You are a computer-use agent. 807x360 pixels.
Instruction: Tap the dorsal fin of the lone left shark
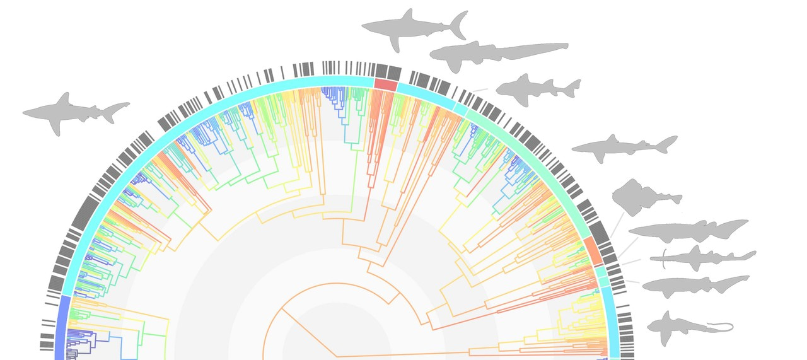(63, 98)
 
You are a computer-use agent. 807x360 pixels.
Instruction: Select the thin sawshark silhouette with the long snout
(700, 257)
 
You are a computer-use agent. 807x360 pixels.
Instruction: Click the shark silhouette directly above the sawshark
(687, 231)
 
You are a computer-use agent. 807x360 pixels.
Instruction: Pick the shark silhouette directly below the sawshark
(694, 286)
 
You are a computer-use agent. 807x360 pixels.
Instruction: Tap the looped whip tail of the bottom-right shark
(722, 327)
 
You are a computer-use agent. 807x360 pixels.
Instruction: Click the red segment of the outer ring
(385, 84)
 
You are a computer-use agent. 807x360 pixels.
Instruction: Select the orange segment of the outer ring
(592, 250)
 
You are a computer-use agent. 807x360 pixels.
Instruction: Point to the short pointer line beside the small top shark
(480, 90)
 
